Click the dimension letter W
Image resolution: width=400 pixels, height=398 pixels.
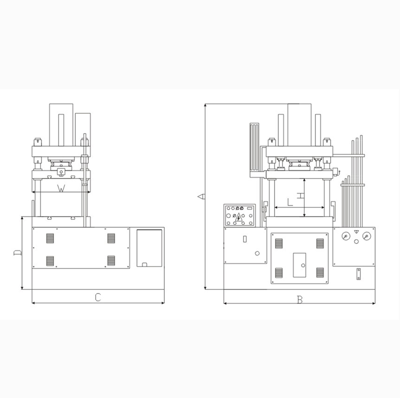pyautogui.click(x=61, y=188)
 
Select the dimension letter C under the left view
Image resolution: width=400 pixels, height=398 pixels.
pyautogui.click(x=98, y=297)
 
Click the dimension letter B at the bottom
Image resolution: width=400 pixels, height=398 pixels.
pyautogui.click(x=299, y=300)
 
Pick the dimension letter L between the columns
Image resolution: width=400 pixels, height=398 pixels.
pyautogui.click(x=290, y=202)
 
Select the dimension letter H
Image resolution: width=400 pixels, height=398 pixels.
pyautogui.click(x=299, y=196)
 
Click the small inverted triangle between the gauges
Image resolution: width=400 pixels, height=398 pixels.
pyautogui.click(x=356, y=231)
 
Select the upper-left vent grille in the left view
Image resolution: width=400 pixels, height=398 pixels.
pyautogui.click(x=49, y=239)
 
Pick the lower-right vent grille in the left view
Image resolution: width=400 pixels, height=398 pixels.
pyautogui.click(x=111, y=260)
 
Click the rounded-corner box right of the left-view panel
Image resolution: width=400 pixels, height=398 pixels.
pyautogui.click(x=149, y=248)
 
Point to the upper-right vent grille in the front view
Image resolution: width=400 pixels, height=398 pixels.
pyautogui.click(x=319, y=243)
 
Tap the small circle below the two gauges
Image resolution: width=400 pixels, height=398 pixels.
pyautogui.click(x=356, y=242)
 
